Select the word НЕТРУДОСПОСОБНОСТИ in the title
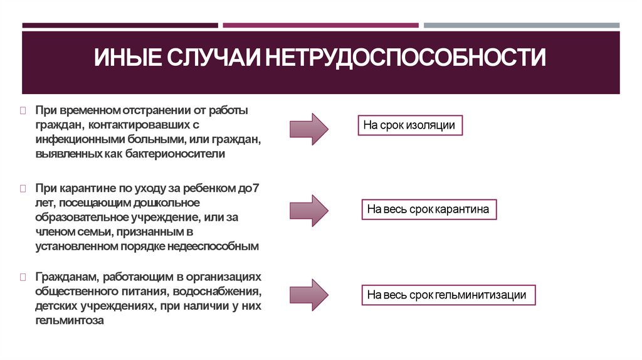tap(405, 60)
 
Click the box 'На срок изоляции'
tap(410, 125)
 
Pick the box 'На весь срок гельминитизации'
tap(448, 294)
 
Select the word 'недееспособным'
tap(219, 246)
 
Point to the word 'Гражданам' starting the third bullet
tap(66, 277)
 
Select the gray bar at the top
tap(521, 26)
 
